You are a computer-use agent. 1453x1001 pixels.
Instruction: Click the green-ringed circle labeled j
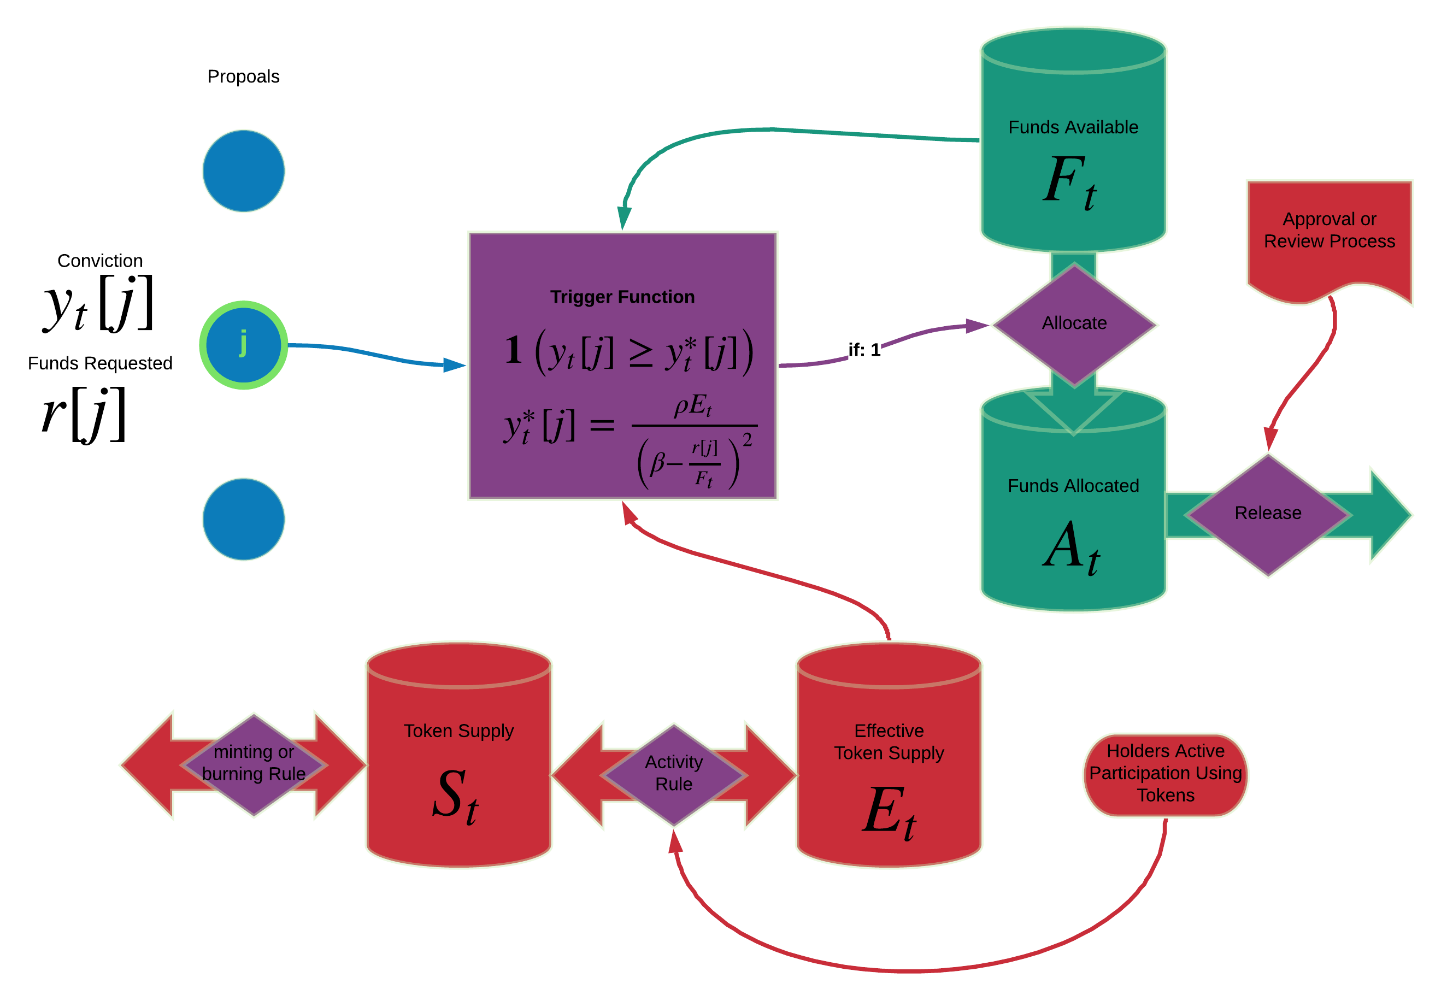[x=243, y=345]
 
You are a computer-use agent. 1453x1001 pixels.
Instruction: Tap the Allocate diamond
[x=1074, y=323]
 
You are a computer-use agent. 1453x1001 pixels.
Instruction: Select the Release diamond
[x=1267, y=514]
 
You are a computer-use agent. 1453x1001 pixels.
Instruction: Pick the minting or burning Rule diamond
[x=254, y=763]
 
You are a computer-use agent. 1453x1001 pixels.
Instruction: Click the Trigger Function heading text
[x=622, y=297]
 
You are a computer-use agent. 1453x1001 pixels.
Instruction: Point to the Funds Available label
[x=1073, y=127]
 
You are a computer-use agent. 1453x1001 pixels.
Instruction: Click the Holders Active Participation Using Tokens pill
[x=1165, y=774]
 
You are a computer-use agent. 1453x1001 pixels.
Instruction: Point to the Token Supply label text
[x=458, y=731]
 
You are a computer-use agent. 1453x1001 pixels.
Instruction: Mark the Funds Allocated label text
[x=1073, y=486]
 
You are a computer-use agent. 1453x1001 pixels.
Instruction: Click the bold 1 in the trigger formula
[x=513, y=350]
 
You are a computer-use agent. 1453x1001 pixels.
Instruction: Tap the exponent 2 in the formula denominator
[x=747, y=440]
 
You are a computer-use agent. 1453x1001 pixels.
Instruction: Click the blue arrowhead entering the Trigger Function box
[x=455, y=365]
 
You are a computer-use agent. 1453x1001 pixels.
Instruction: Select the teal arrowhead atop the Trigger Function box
[x=624, y=217]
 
